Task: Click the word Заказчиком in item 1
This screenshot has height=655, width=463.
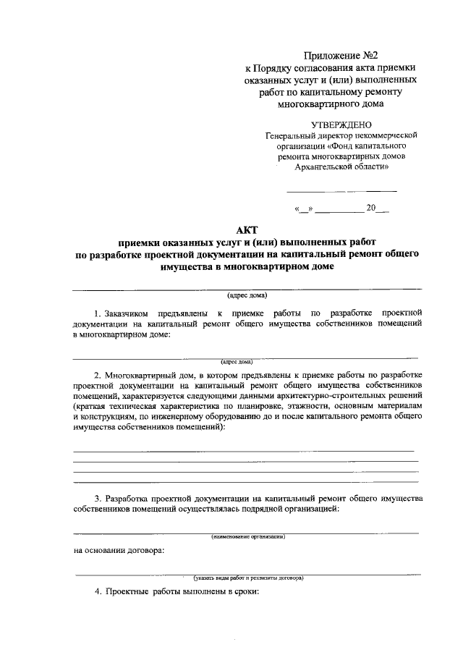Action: click(126, 313)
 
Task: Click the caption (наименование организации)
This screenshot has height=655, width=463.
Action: click(247, 537)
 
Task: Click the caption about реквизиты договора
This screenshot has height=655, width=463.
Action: click(247, 578)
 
